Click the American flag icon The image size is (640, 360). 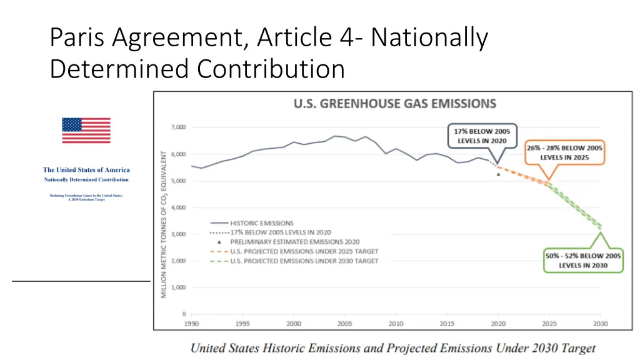[x=86, y=131]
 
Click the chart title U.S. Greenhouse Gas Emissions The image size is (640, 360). [x=395, y=104]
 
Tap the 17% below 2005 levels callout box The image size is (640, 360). [x=482, y=136]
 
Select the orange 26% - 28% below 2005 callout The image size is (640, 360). [x=564, y=152]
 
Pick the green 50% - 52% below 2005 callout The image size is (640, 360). [x=583, y=261]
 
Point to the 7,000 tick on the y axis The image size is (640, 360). [x=177, y=127]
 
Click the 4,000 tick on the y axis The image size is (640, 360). [x=177, y=207]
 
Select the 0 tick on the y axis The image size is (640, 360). [x=183, y=314]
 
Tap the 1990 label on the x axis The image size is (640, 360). [x=191, y=324]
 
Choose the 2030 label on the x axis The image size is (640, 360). [x=600, y=324]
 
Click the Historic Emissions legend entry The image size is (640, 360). [x=261, y=223]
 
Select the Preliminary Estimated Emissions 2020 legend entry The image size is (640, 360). [x=294, y=242]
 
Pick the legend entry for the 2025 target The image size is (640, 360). [x=304, y=251]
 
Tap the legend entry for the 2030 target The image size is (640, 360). [x=304, y=261]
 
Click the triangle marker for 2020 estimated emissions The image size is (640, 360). [x=498, y=174]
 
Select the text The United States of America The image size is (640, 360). [x=86, y=170]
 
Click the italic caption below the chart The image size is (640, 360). [x=392, y=348]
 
